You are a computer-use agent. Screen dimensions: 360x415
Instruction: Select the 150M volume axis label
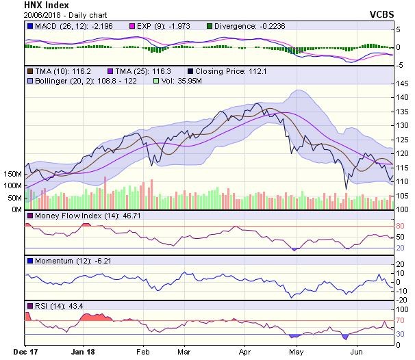12,175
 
